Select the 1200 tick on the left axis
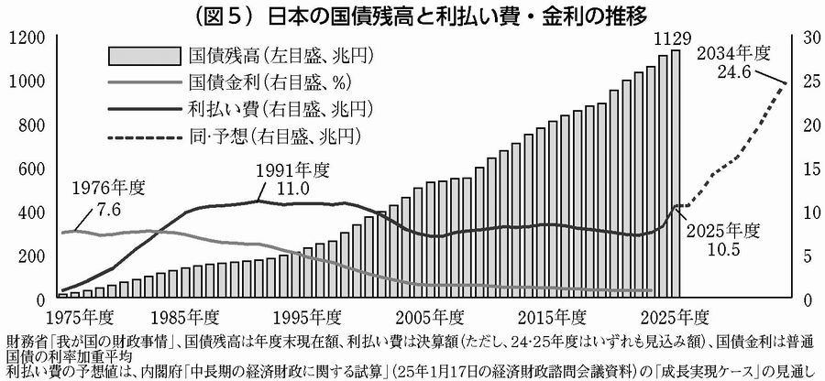click(25, 38)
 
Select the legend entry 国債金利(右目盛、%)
click(243, 82)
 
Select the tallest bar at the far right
click(676, 174)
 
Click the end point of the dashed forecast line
click(786, 83)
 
